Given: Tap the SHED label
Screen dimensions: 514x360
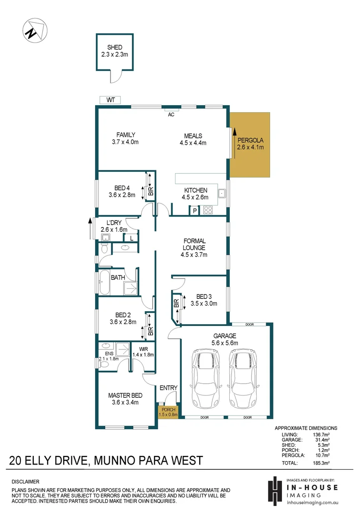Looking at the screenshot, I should coord(115,48).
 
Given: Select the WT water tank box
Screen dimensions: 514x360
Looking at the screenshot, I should coord(111,100).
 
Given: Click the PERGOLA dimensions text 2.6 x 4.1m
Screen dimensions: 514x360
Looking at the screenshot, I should coord(250,147).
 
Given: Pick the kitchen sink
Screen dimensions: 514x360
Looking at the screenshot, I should coord(222,193).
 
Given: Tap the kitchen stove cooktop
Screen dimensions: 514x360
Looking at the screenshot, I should coord(208,209).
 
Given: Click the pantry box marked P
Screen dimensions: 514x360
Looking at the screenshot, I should coord(195,210).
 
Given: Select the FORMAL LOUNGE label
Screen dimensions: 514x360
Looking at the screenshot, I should coord(194,244).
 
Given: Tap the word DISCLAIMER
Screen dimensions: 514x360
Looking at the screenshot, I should coord(25,482).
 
